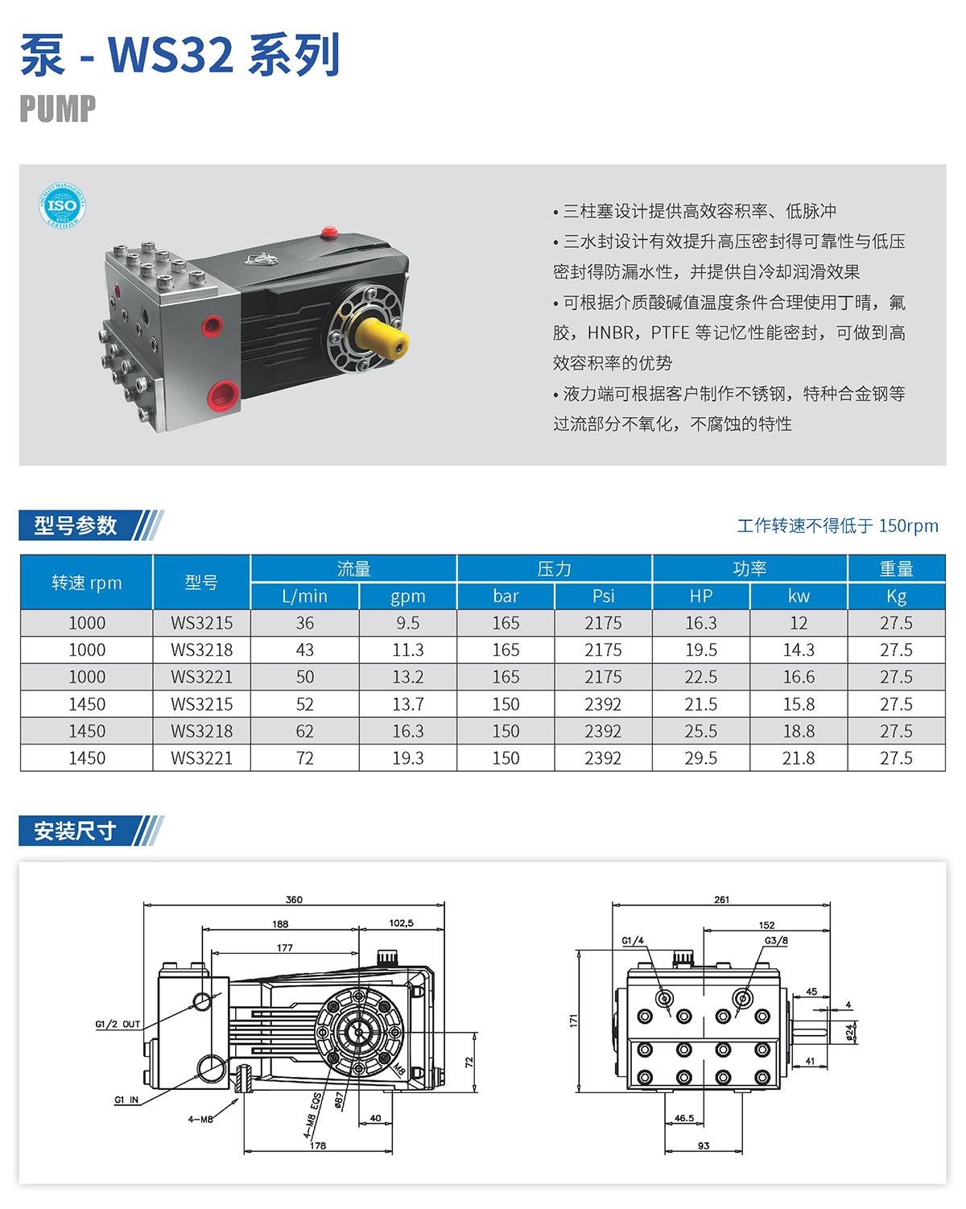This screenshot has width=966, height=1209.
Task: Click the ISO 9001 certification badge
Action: coord(62,205)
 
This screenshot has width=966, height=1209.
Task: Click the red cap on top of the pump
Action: coord(328,232)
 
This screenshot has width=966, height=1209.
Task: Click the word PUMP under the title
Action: coord(57,109)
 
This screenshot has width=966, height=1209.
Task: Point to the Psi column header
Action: coord(603,596)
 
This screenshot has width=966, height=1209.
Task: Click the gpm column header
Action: coord(407,596)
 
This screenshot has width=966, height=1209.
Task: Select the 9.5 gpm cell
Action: coord(407,622)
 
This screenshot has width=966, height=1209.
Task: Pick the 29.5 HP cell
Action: coord(700,758)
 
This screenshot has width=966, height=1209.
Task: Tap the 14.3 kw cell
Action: coord(798,650)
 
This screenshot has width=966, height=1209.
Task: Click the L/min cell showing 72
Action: coord(304,758)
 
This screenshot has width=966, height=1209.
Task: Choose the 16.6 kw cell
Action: coord(798,676)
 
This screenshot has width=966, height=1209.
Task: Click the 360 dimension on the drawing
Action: coord(294,899)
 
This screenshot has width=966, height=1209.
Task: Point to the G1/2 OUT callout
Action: coord(118,1024)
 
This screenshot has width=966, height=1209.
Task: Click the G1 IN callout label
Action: coord(126,1100)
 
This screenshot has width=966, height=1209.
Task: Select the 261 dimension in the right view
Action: coord(721,899)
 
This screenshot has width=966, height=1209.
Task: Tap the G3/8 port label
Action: coord(776,940)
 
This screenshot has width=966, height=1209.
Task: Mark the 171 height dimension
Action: coord(573,1021)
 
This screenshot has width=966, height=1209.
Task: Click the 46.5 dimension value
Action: coord(684,1118)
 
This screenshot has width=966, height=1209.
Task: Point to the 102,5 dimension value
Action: coord(401,923)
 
